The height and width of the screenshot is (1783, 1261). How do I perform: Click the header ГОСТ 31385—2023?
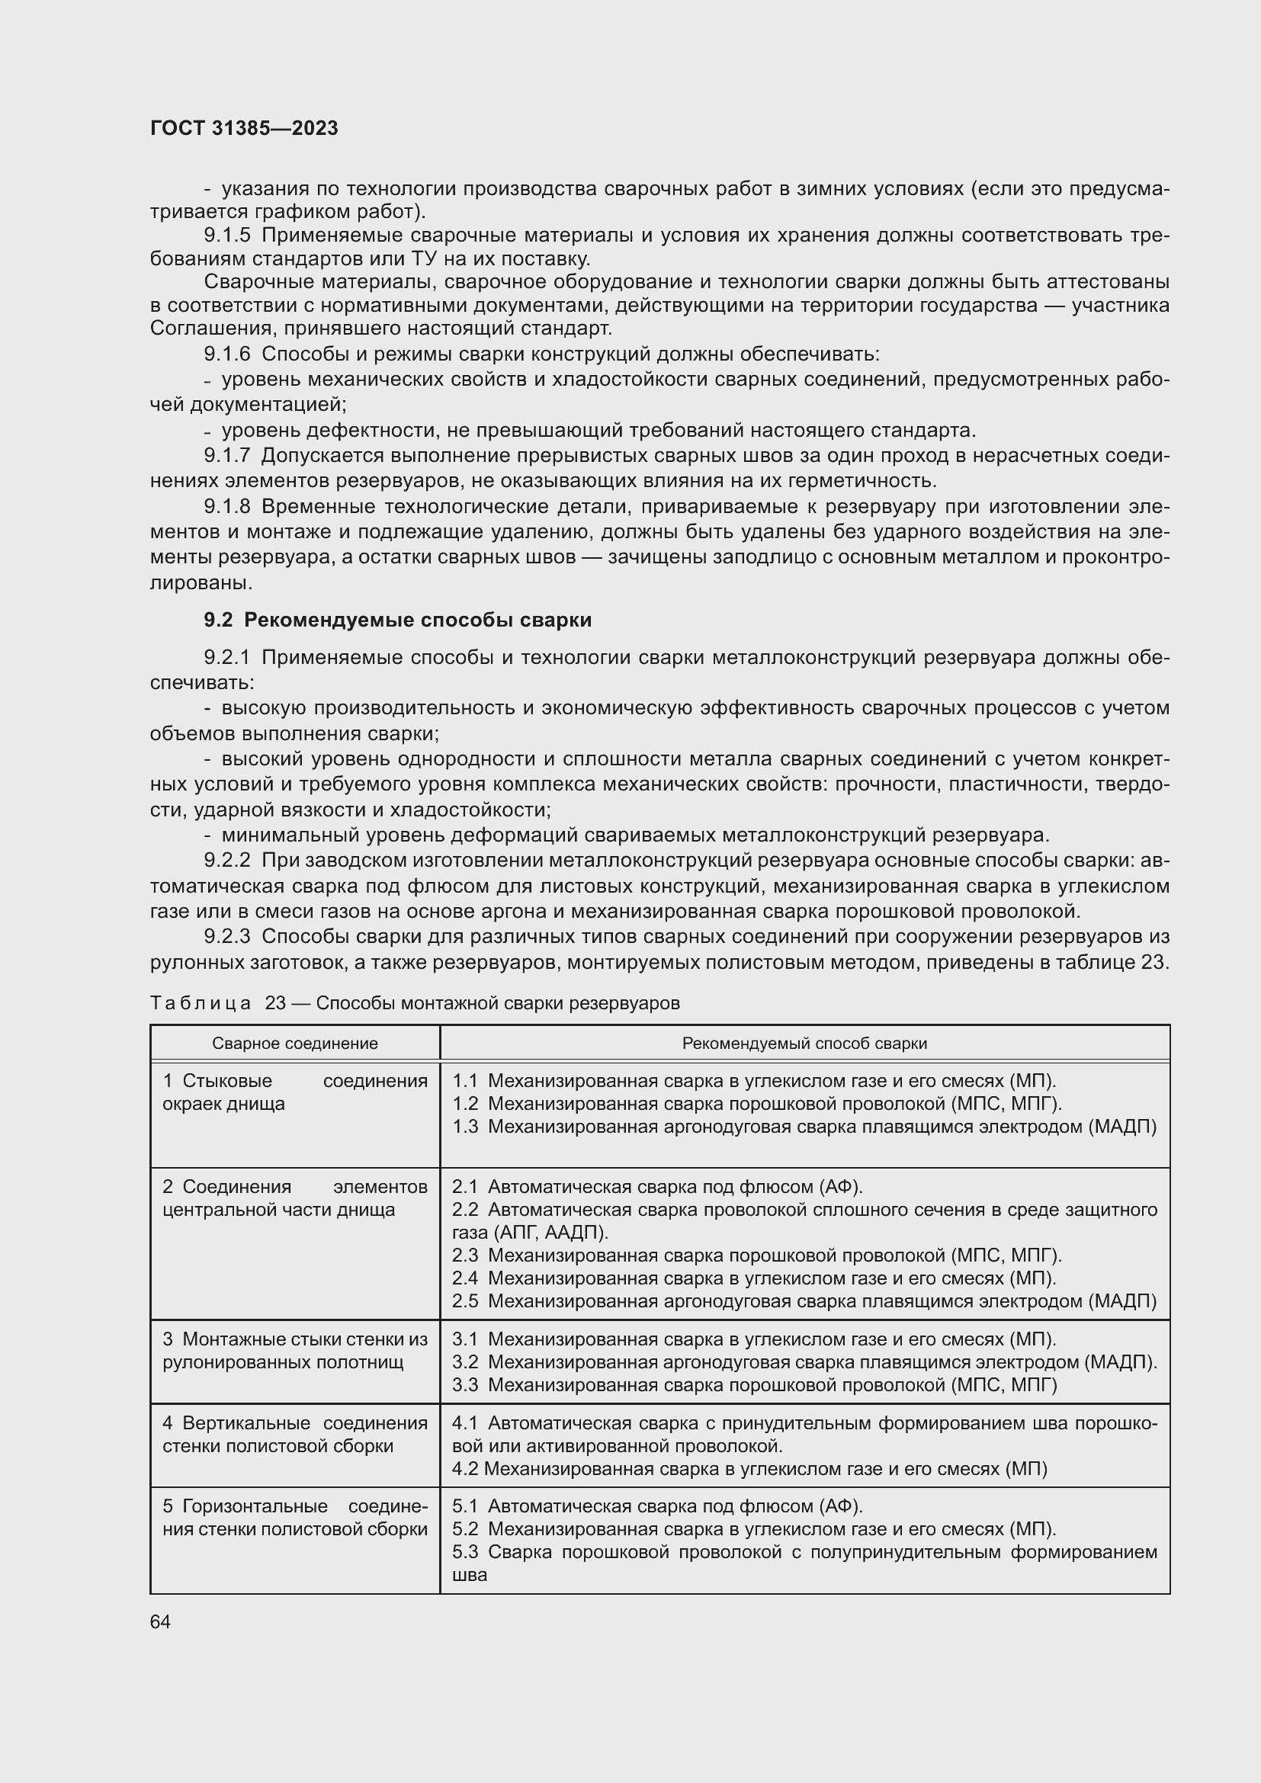(x=244, y=128)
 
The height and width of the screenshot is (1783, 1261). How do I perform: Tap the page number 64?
(x=160, y=1621)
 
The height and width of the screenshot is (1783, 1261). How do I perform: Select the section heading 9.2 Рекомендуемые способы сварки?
(x=397, y=620)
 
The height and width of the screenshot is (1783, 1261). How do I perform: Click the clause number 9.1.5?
(x=226, y=236)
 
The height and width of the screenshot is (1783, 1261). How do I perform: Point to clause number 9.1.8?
(x=226, y=506)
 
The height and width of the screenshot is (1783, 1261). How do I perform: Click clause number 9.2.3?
(x=226, y=937)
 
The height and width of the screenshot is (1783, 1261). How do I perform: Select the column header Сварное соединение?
(x=295, y=1043)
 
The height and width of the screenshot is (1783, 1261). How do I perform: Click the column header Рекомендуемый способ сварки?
(x=804, y=1043)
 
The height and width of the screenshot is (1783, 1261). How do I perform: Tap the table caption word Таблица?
(x=201, y=1003)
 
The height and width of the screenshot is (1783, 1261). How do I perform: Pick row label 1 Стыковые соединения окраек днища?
(x=294, y=1092)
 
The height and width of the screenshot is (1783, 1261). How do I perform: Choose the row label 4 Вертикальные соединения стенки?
(x=294, y=1435)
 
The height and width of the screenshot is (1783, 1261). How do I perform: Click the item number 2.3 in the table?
(x=465, y=1255)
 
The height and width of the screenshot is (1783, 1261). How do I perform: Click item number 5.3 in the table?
(x=465, y=1552)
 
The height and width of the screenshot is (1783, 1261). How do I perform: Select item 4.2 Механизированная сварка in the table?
(x=749, y=1468)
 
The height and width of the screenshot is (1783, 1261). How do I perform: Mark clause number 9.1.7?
(x=226, y=455)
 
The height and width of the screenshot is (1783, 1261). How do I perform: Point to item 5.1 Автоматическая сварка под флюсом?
(x=657, y=1506)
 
